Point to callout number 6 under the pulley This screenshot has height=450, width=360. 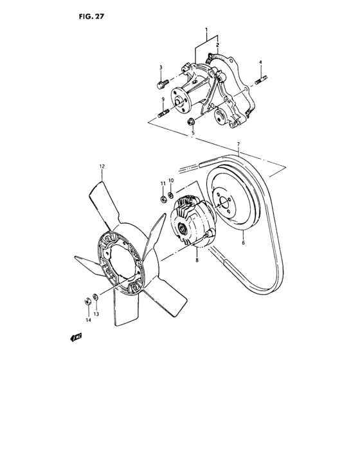pos(243,244)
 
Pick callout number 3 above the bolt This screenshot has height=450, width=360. pos(161,67)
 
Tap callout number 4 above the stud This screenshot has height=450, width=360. pos(260,62)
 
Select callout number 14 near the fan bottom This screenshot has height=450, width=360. pos(89,319)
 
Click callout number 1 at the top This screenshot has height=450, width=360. pos(206,30)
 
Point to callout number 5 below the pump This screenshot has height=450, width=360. pos(192,134)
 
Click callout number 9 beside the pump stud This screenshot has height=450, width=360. pos(163,100)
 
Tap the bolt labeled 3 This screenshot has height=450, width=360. pos(161,84)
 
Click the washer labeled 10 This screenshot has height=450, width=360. pos(170,195)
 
